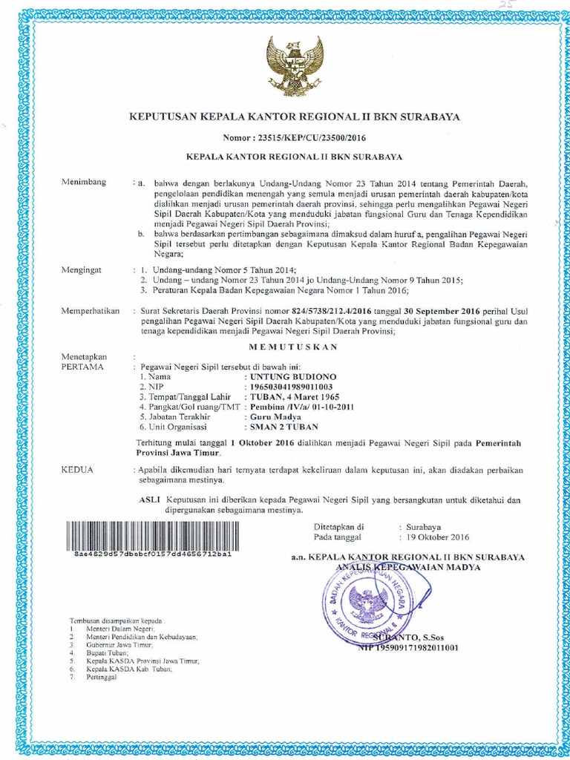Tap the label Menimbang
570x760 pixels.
point(84,183)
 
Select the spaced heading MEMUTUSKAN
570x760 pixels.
point(295,347)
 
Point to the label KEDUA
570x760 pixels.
point(76,471)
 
